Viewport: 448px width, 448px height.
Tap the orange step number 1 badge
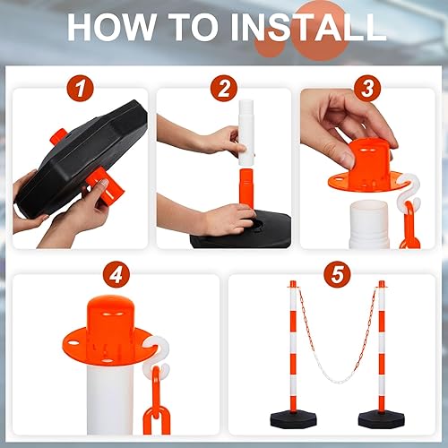click(82, 88)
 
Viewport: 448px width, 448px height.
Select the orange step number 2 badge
click(224, 88)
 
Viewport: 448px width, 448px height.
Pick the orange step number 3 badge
click(366, 88)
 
